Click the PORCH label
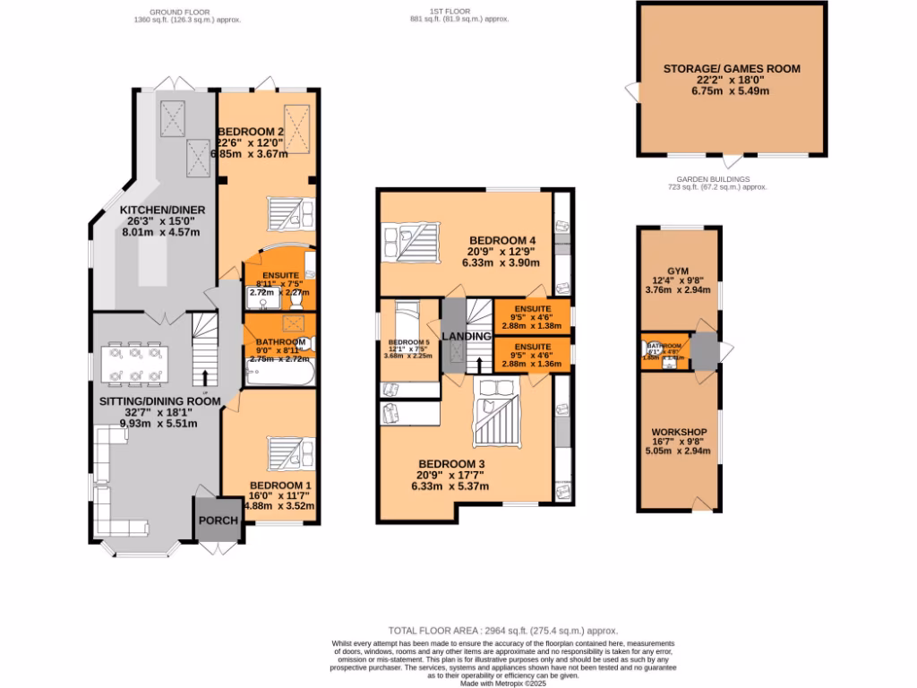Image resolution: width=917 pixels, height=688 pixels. tap(218, 520)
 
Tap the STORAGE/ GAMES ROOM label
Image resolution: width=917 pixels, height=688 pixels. tap(732, 68)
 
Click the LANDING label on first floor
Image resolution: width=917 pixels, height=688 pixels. tap(467, 336)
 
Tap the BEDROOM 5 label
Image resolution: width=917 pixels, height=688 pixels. tap(409, 342)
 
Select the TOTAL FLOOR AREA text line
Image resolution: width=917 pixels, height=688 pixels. tap(503, 631)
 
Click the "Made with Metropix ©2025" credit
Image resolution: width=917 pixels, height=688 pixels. tap(503, 682)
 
